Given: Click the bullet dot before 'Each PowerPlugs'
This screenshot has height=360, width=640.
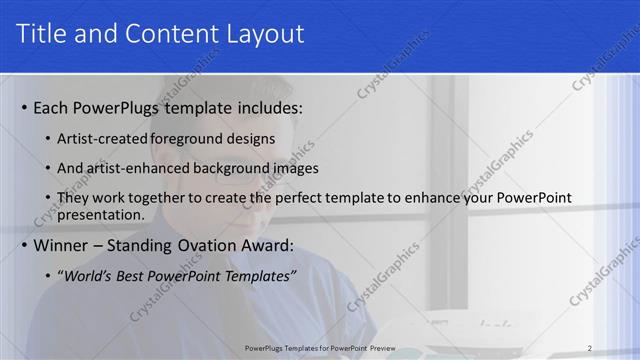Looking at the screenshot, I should click(24, 108).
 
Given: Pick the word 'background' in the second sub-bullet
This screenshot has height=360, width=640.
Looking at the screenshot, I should click(232, 168).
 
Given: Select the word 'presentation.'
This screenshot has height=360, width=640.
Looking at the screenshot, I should click(101, 214).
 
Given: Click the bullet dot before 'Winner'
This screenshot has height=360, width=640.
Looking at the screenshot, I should click(24, 246).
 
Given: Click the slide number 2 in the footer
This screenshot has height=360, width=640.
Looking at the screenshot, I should click(589, 347).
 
